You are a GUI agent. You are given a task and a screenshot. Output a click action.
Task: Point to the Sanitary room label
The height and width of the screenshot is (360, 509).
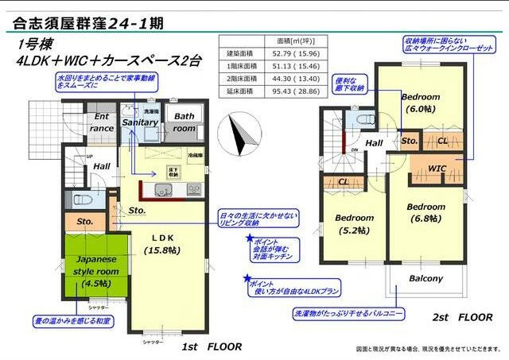(x=140, y=123)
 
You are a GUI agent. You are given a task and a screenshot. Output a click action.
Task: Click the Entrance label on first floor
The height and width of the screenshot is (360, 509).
(x=102, y=122)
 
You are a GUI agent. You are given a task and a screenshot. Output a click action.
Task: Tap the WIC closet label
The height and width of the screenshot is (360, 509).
(x=437, y=168)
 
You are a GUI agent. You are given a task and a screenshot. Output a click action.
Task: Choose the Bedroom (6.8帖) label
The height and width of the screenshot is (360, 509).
(x=425, y=213)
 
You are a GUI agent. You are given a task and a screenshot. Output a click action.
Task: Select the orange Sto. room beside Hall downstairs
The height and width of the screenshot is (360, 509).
(x=84, y=221)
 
